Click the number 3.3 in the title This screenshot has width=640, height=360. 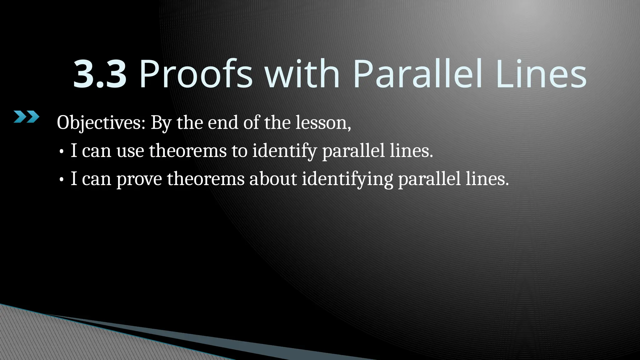click(100, 75)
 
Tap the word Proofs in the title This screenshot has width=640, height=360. click(196, 75)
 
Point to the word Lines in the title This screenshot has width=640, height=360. click(541, 75)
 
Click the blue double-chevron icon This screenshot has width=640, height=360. click(27, 117)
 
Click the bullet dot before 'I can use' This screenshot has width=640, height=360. click(62, 152)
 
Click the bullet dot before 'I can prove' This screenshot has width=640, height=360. click(62, 180)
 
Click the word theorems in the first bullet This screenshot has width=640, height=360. click(187, 151)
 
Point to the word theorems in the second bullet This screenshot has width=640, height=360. click(205, 179)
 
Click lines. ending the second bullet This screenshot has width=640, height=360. click(487, 179)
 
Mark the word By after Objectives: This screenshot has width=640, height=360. click(161, 123)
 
